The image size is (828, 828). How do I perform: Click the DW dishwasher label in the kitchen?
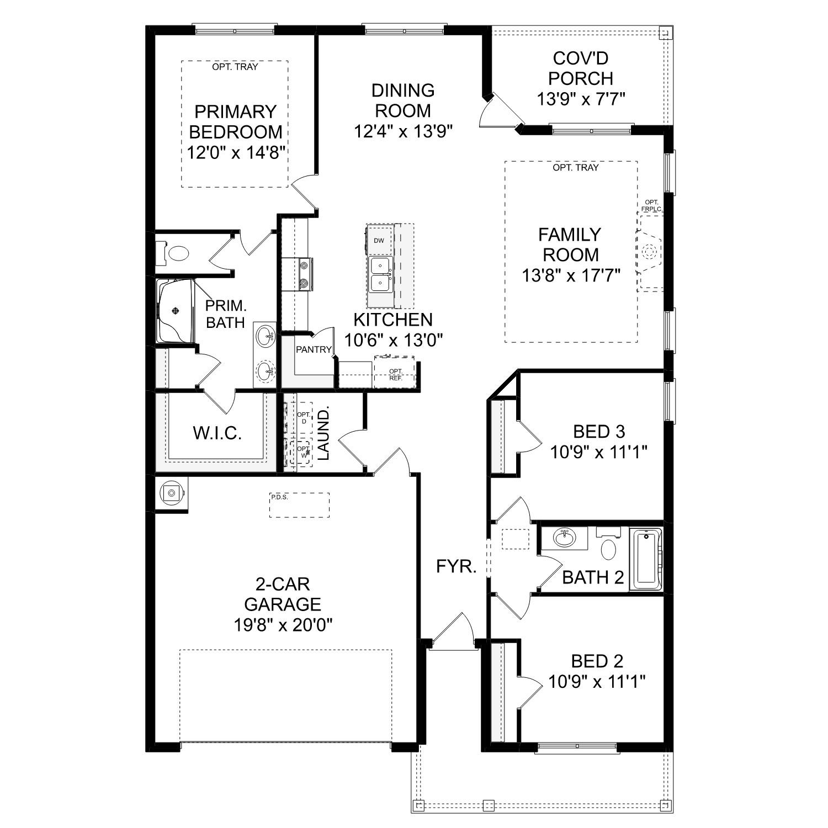pyautogui.click(x=379, y=241)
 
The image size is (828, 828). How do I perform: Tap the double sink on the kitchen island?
pyautogui.click(x=380, y=274)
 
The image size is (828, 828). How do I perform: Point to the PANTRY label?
pyautogui.click(x=314, y=349)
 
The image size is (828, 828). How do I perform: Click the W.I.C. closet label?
pyautogui.click(x=217, y=433)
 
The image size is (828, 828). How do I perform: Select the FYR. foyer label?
pyautogui.click(x=456, y=566)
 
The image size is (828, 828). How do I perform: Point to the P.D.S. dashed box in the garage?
pyautogui.click(x=299, y=505)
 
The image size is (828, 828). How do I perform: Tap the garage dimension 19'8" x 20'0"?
pyautogui.click(x=283, y=625)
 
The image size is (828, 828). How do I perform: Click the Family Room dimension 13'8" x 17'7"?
pyautogui.click(x=571, y=274)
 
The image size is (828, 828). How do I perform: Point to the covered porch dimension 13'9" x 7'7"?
pyautogui.click(x=581, y=99)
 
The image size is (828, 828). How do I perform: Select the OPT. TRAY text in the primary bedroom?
pyautogui.click(x=235, y=67)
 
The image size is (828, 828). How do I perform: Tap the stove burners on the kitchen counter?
pyautogui.click(x=304, y=274)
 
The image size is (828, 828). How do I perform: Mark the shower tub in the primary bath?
pyautogui.click(x=175, y=311)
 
